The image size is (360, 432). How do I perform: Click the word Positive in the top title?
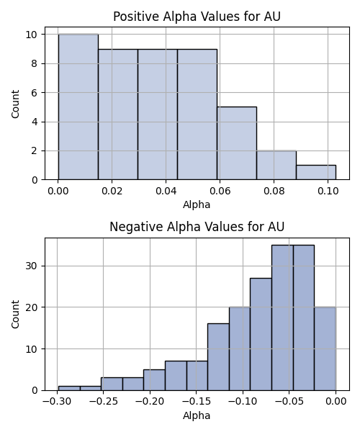coord(136,17)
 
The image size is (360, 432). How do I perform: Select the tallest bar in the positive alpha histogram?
coord(78,107)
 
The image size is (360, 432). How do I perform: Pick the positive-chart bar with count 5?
coord(237,143)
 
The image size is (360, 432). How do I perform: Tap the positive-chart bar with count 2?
coord(276,165)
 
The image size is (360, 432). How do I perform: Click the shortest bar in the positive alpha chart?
coord(316,173)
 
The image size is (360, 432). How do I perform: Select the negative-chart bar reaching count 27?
coord(261,334)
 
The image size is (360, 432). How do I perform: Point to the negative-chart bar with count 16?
coord(218,357)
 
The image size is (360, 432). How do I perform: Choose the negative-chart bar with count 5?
coord(154,380)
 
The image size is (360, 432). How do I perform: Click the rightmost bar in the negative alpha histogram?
coord(325,348)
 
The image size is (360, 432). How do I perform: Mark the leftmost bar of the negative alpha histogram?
coord(69,388)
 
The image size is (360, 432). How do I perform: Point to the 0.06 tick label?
coord(220,191)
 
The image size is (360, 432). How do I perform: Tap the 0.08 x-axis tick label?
coord(274,191)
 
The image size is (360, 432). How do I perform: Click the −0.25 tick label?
coord(104,402)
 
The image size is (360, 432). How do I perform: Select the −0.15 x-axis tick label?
coord(196,402)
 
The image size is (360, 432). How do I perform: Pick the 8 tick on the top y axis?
coord(35,63)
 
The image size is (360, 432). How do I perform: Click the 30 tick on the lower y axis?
coord(32,266)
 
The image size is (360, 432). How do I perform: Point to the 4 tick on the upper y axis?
coord(35,122)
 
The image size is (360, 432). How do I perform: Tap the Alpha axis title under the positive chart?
coord(197,204)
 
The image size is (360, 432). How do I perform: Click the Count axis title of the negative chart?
coord(15,314)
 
